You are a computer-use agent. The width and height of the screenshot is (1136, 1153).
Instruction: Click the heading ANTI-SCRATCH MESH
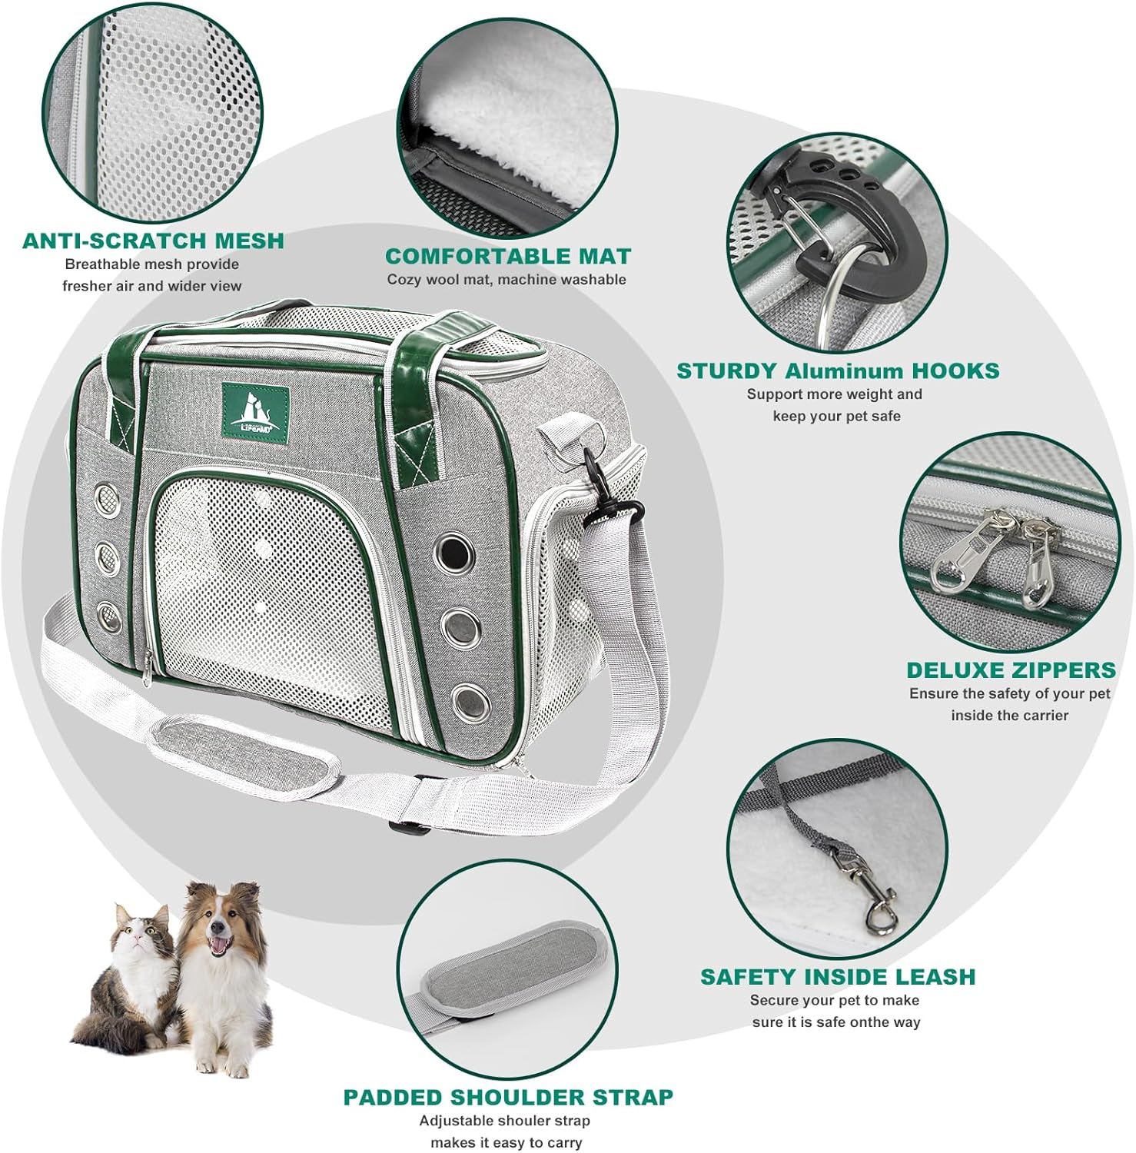click(153, 241)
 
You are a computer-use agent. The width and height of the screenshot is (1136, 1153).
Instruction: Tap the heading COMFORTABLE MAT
click(508, 256)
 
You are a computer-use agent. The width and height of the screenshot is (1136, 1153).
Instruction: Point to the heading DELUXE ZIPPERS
click(1011, 670)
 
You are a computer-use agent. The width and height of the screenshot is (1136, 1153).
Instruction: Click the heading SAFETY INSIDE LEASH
click(837, 976)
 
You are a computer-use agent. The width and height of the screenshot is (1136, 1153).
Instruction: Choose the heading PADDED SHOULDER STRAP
click(508, 1097)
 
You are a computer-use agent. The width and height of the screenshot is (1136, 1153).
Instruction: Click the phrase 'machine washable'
click(563, 280)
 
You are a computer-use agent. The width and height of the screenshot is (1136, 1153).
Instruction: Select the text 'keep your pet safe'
click(837, 416)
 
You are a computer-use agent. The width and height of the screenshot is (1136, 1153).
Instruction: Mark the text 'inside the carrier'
click(1010, 716)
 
